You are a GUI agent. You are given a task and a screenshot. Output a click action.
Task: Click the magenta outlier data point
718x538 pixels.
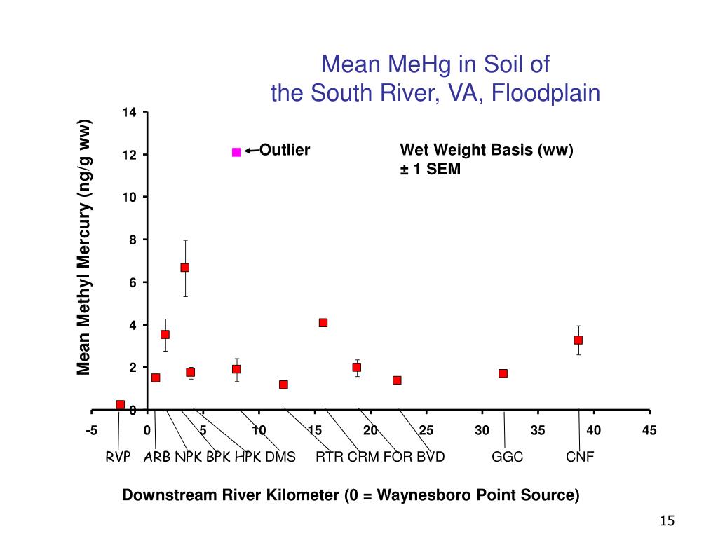coord(236,152)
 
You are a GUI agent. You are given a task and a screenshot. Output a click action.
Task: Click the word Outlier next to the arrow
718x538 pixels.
coord(285,150)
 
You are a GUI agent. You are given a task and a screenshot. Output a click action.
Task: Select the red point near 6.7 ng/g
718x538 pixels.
coord(185,268)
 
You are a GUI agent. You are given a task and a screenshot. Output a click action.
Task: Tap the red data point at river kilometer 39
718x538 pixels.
coord(578,340)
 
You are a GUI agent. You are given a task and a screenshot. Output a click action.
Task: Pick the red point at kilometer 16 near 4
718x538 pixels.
coord(323,323)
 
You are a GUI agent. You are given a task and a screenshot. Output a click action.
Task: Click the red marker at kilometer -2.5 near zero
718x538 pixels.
coord(121,405)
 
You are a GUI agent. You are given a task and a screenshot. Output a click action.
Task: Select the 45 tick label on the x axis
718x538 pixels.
coord(649,430)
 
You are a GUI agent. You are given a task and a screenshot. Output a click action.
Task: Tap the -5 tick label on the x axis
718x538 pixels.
coord(92,430)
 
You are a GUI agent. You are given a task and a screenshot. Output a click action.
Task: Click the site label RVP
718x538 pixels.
coord(118,457)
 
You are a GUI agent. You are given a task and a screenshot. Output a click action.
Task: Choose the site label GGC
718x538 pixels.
coord(508,457)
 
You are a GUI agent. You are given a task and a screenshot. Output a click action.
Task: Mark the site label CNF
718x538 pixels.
coord(580,457)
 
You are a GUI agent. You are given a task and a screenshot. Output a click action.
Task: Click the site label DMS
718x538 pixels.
coord(280,457)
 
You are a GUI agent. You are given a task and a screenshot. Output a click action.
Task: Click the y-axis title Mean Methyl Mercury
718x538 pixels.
coord(85,247)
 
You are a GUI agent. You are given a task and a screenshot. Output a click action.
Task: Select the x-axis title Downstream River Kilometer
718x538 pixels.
coord(351,495)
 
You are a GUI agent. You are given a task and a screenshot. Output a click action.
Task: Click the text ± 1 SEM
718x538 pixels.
coord(430,169)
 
